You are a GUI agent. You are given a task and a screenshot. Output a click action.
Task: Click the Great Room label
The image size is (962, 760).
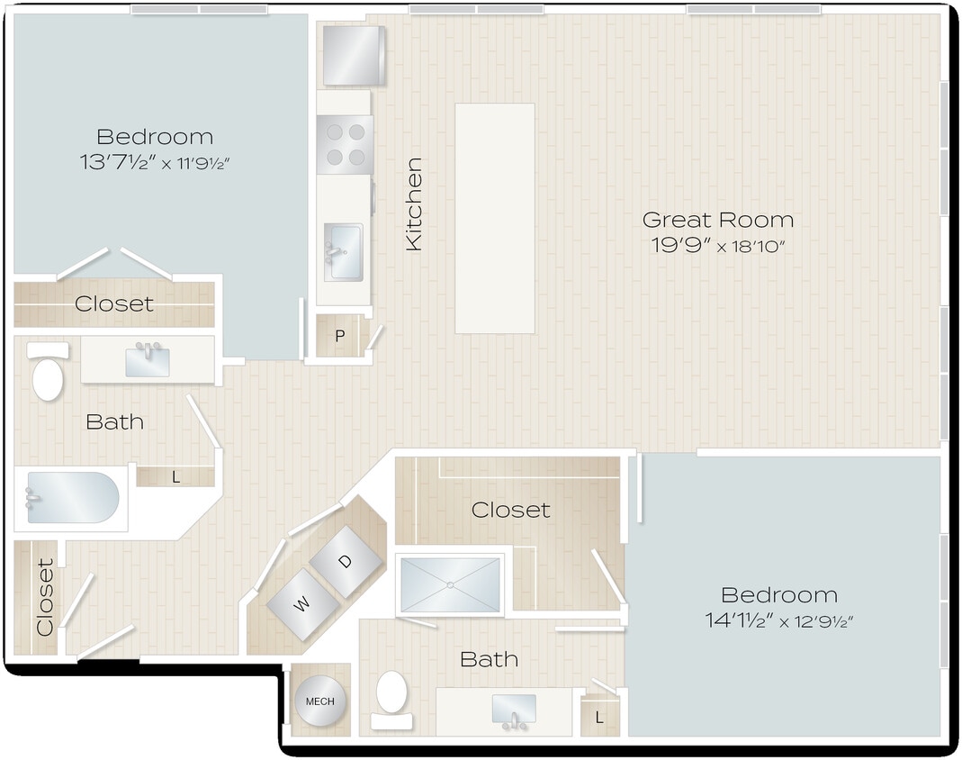(x=717, y=220)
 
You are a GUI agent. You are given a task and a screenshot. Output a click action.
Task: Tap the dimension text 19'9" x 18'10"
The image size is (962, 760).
(x=717, y=246)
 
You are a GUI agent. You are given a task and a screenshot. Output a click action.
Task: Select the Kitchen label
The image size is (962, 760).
(x=414, y=204)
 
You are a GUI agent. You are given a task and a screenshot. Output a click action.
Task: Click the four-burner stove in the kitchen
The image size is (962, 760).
(x=345, y=144)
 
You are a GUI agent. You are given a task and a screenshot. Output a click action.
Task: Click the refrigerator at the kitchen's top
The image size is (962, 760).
(x=353, y=56)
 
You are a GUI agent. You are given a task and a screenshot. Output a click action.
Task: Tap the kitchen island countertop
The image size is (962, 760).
(x=494, y=218)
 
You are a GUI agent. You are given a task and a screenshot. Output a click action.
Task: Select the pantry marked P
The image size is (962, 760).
(x=340, y=337)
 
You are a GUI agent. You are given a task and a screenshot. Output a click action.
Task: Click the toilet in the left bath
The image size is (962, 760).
(x=47, y=375)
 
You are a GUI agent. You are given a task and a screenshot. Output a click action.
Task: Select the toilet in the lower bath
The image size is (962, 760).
(x=392, y=696)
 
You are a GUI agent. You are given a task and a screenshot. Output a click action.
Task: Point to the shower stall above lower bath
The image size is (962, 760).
(x=449, y=584)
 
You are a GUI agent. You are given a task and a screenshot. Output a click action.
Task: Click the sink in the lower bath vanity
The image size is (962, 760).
(x=514, y=709)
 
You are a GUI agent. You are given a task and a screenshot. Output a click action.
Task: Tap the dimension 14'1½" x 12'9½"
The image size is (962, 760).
(x=779, y=621)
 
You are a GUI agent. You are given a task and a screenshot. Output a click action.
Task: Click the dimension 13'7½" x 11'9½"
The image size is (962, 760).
(x=155, y=163)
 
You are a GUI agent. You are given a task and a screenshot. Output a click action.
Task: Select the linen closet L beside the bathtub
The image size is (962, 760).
(x=175, y=477)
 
